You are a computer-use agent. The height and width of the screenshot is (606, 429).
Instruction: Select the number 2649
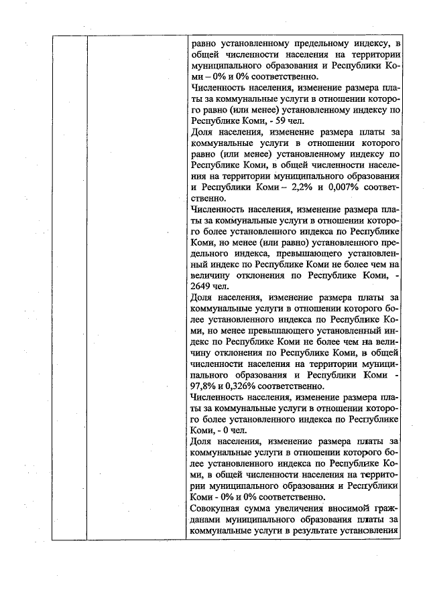pyautogui.click(x=200, y=285)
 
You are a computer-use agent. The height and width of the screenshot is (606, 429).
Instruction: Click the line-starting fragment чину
pyautogui.click(x=201, y=351)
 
